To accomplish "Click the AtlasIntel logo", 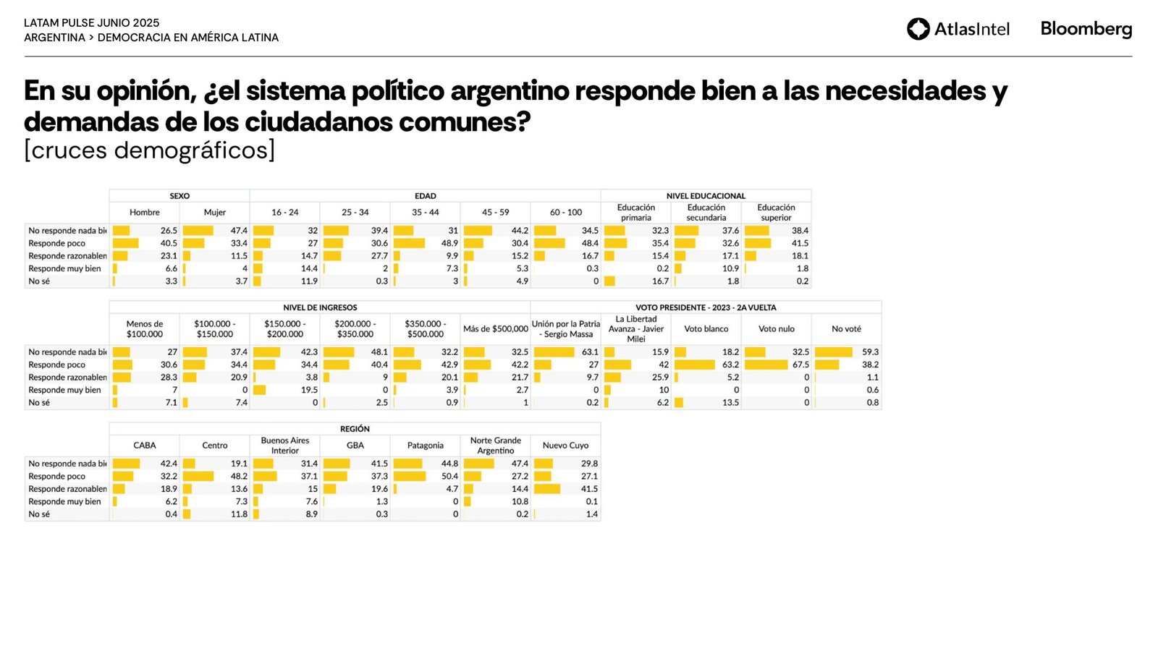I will [x=958, y=29].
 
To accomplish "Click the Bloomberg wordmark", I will [x=1086, y=29].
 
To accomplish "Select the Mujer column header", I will [x=215, y=213].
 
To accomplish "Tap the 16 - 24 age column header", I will [x=285, y=213].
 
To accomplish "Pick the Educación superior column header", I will [x=776, y=213].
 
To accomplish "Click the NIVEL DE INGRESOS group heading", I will [x=320, y=307].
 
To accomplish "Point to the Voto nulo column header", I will [x=776, y=329].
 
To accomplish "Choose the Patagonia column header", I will [x=426, y=446].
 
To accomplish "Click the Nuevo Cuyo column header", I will [x=565, y=446].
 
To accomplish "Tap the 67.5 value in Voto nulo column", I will [x=800, y=365].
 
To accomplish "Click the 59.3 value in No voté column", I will [x=870, y=352].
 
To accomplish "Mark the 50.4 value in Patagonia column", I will [x=449, y=477].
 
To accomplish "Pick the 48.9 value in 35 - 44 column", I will [x=449, y=244].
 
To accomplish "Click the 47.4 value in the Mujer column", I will [x=239, y=231].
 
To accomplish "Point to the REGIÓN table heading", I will [x=355, y=429].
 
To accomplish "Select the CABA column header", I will [x=145, y=446].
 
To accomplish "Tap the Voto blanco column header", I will [x=706, y=329].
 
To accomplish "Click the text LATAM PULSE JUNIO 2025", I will [x=92, y=23].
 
